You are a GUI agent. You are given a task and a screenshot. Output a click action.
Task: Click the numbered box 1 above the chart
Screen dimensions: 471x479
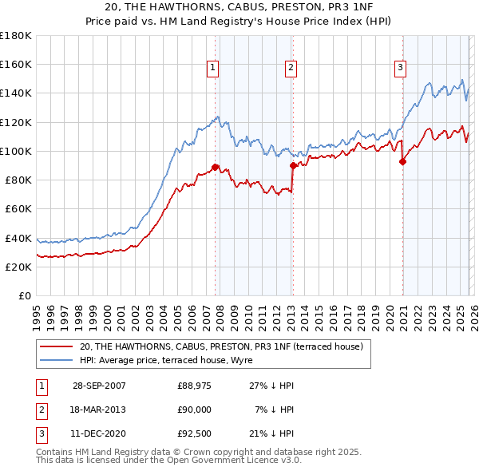pyautogui.click(x=214, y=69)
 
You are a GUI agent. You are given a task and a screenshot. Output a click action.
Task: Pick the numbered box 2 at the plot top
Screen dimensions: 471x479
pyautogui.click(x=291, y=69)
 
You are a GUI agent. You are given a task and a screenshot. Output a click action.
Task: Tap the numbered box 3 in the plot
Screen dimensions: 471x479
pyautogui.click(x=399, y=69)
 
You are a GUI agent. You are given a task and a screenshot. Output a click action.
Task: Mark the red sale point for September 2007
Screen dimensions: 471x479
pyautogui.click(x=216, y=167)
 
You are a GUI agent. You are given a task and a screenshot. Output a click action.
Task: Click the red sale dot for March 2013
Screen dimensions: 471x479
pyautogui.click(x=292, y=165)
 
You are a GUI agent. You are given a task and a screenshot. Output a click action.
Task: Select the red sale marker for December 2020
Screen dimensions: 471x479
pyautogui.click(x=402, y=161)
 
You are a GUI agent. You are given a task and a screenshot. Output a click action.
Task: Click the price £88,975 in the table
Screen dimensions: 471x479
pyautogui.click(x=194, y=386)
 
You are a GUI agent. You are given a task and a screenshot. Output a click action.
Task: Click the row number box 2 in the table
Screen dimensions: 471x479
pyautogui.click(x=40, y=409)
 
